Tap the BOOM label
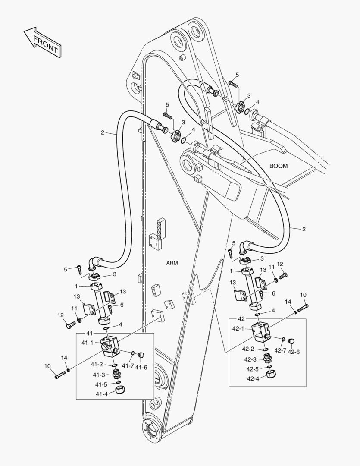pyautogui.click(x=278, y=166)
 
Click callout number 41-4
pyautogui.click(x=101, y=394)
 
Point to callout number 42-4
pyautogui.click(x=253, y=378)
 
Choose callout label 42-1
pyautogui.click(x=238, y=328)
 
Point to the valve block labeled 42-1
pyautogui.click(x=262, y=330)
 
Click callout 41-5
pyautogui.click(x=101, y=384)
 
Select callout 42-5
pyautogui.click(x=253, y=369)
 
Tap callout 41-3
pyautogui.click(x=100, y=375)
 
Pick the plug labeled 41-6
pyautogui.click(x=140, y=355)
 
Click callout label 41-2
pyautogui.click(x=96, y=365)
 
